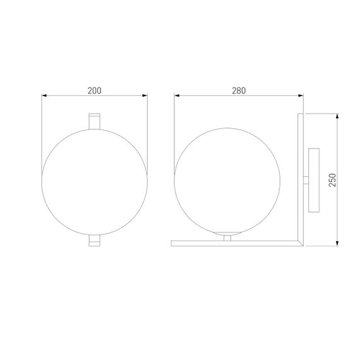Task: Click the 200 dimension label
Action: point(94,90)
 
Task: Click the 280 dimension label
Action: point(238,90)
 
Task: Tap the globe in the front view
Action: point(94,181)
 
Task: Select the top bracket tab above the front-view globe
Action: point(94,120)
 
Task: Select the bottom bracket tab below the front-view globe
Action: point(94,241)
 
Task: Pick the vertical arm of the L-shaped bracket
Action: point(301,177)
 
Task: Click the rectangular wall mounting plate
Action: point(314,180)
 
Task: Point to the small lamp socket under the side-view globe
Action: point(227,237)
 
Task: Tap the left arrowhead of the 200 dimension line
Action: point(44,96)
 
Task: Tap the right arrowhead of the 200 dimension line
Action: point(145,96)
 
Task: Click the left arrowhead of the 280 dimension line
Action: point(177,96)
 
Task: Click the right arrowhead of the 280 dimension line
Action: point(301,96)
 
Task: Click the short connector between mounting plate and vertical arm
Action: point(306,180)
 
